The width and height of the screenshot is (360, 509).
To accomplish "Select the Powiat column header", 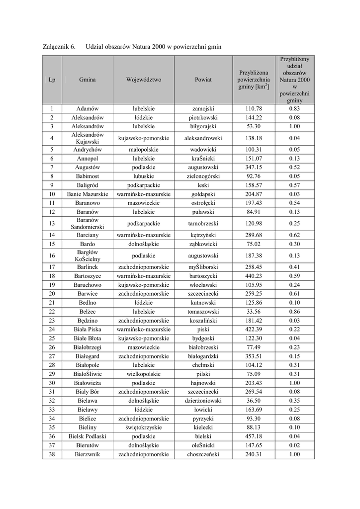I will (203, 80).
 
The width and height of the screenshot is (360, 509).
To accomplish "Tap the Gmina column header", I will (88, 80).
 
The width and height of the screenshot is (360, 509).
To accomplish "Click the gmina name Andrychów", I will (88, 149).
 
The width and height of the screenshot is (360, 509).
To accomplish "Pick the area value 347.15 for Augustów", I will (253, 168).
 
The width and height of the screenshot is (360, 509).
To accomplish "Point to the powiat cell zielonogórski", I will (203, 176).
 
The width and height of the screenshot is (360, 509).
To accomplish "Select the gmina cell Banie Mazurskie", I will (88, 194).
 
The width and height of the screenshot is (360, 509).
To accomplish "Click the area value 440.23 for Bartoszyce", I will (253, 276).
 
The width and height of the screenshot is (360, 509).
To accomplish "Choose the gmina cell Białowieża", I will (88, 383).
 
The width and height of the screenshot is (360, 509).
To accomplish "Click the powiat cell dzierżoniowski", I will (203, 401).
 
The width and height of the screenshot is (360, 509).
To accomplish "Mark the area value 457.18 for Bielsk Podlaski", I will (253, 437).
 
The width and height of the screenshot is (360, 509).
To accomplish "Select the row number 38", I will (52, 455).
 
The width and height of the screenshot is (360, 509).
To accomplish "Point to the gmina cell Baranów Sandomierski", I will (88, 224).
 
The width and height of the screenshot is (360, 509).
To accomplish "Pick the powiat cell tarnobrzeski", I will (203, 224).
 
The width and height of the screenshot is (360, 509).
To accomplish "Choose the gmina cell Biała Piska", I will (88, 330).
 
